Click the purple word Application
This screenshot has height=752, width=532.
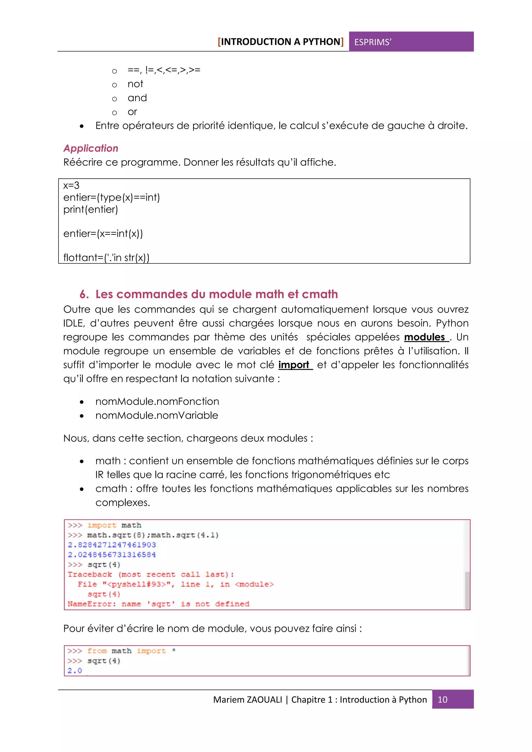pyautogui.click(x=91, y=148)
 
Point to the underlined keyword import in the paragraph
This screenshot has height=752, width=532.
pyautogui.click(x=294, y=365)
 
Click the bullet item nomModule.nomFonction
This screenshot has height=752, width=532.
pyautogui.click(x=157, y=401)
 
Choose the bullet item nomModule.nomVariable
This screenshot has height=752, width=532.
pyautogui.click(x=157, y=415)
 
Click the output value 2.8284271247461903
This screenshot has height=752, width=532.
pyautogui.click(x=112, y=545)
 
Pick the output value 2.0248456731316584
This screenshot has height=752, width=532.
pyautogui.click(x=112, y=554)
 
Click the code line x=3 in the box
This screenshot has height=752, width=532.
pyautogui.click(x=71, y=185)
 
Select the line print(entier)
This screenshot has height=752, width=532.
pyautogui.click(x=90, y=210)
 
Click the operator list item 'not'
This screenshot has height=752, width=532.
pyautogui.click(x=135, y=84)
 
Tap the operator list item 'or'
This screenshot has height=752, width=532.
pyautogui.click(x=132, y=112)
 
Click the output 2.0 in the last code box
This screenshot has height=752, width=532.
pyautogui.click(x=75, y=671)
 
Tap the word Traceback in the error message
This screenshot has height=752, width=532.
pyautogui.click(x=90, y=574)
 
